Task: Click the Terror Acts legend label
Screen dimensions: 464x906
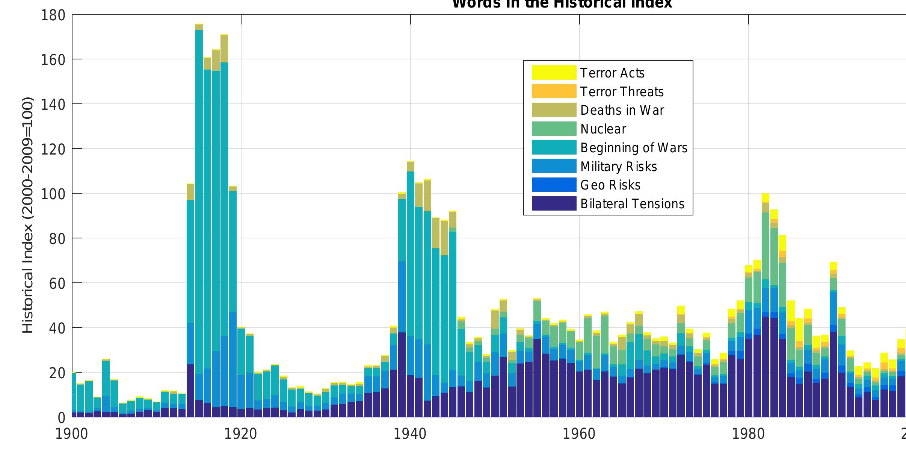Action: tap(612, 73)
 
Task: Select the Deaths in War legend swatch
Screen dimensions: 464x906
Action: tap(554, 110)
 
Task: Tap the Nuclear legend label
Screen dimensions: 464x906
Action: tap(603, 129)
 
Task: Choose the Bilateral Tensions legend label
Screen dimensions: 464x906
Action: tap(632, 204)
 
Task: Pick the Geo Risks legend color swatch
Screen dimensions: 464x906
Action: tap(554, 185)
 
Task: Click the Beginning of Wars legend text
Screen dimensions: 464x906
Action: tap(634, 148)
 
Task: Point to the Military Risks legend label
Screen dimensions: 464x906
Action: tap(618, 167)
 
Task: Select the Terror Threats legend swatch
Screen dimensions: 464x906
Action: tap(554, 91)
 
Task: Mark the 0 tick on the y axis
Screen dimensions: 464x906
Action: tap(61, 417)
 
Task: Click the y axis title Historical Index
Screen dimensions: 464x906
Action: tap(28, 215)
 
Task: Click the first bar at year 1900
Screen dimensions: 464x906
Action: tap(74, 395)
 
